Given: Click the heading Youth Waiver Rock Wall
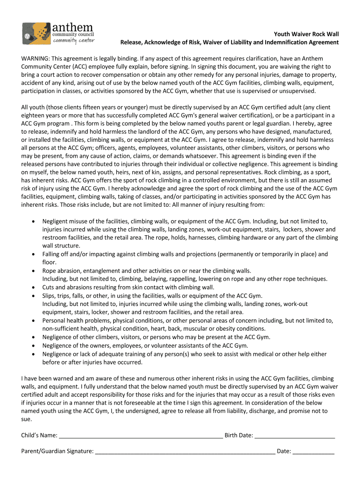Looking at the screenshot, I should pyautogui.click(x=306, y=34).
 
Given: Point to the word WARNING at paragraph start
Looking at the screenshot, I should pyautogui.click(x=36, y=59).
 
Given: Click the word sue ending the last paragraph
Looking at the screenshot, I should pyautogui.click(x=26, y=419).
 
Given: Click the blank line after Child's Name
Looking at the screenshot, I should pyautogui.click(x=141, y=436).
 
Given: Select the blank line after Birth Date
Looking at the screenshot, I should pyautogui.click(x=295, y=436).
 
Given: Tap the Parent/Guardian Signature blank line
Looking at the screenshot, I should pyautogui.click(x=185, y=452).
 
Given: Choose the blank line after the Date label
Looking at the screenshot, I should pyautogui.click(x=314, y=452).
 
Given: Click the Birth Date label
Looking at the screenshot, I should pyautogui.click(x=239, y=435).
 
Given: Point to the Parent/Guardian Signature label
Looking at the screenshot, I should pyautogui.click(x=57, y=452).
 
